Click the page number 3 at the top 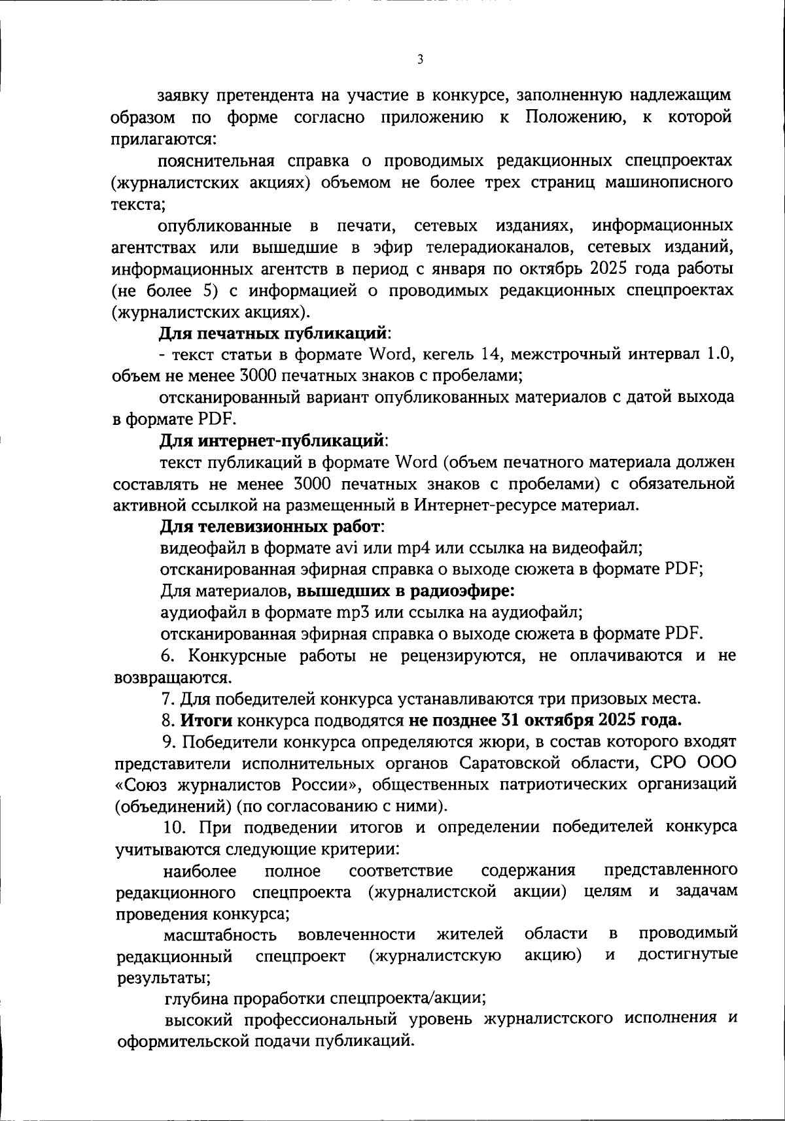tap(420, 59)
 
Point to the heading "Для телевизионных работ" tap(271, 526)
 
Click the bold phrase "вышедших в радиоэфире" tap(405, 591)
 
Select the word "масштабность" tap(219, 935)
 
